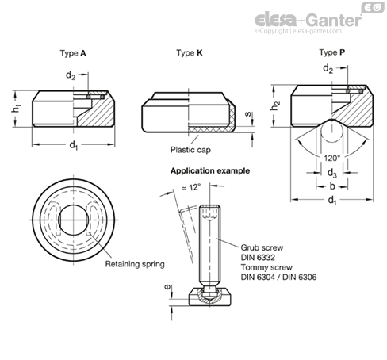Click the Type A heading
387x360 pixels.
pyautogui.click(x=73, y=53)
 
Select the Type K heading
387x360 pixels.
pyautogui.click(x=190, y=53)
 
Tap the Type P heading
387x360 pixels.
pyautogui.click(x=332, y=52)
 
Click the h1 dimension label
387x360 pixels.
pyautogui.click(x=17, y=109)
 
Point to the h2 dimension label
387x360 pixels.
pyautogui.click(x=275, y=105)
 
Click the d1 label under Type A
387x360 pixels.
pyautogui.click(x=74, y=145)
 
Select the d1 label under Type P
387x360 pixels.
pyautogui.click(x=332, y=200)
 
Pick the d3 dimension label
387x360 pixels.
pyautogui.click(x=332, y=173)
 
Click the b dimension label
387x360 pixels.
pyautogui.click(x=332, y=186)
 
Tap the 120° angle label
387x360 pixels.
pyautogui.click(x=332, y=158)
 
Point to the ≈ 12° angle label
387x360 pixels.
pyautogui.click(x=191, y=187)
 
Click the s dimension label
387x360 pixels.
pyautogui.click(x=247, y=114)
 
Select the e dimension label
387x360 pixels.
pyautogui.click(x=167, y=287)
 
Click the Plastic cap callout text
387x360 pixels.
pyautogui.click(x=190, y=150)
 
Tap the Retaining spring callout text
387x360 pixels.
pyautogui.click(x=135, y=264)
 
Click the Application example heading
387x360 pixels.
pyautogui.click(x=210, y=170)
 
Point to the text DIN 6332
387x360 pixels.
pyautogui.click(x=258, y=258)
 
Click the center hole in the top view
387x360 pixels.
pyautogui.click(x=74, y=220)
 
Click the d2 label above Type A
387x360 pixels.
pyautogui.click(x=71, y=75)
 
